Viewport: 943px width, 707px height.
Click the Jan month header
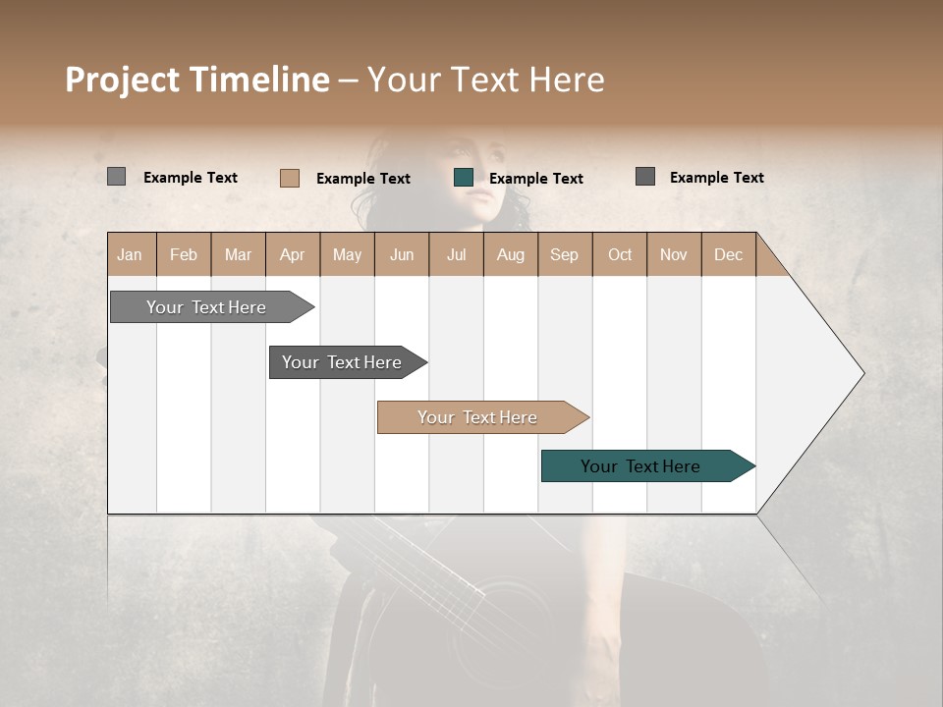(130, 254)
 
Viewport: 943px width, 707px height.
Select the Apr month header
(292, 254)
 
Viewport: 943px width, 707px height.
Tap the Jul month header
(456, 254)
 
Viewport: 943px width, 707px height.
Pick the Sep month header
(564, 254)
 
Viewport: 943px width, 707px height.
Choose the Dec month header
(728, 254)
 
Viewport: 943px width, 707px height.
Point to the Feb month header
(184, 254)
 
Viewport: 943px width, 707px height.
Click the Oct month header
(620, 254)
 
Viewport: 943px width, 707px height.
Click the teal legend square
(464, 178)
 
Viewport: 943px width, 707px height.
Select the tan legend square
(290, 178)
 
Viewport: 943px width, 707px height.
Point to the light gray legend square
(116, 177)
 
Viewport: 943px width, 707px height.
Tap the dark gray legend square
(645, 177)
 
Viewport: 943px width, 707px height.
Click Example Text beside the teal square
(535, 179)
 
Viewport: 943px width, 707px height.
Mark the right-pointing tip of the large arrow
(861, 373)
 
